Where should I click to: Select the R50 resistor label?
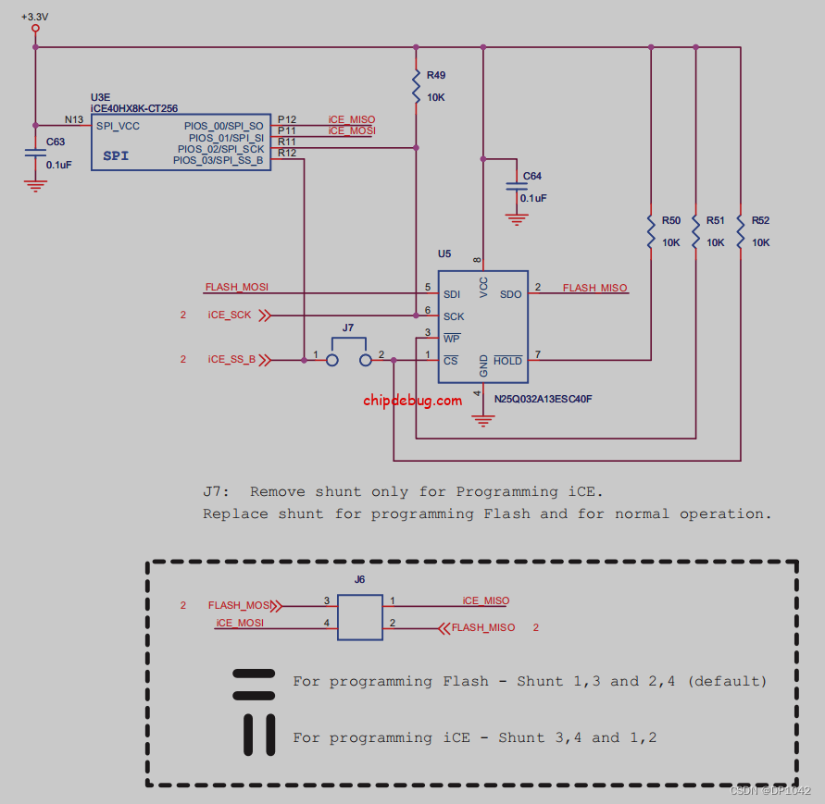pyautogui.click(x=670, y=221)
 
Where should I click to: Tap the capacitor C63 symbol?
pyautogui.click(x=35, y=154)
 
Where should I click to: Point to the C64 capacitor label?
pyautogui.click(x=532, y=176)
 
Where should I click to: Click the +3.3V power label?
pyautogui.click(x=35, y=17)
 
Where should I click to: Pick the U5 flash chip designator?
pyautogui.click(x=444, y=254)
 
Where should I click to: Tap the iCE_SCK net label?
pyautogui.click(x=230, y=315)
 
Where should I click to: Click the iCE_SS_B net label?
pyautogui.click(x=231, y=359)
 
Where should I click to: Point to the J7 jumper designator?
pyautogui.click(x=348, y=328)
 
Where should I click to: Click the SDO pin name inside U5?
pyautogui.click(x=510, y=294)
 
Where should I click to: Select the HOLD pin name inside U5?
pyautogui.click(x=507, y=361)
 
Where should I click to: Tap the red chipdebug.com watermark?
pyautogui.click(x=412, y=401)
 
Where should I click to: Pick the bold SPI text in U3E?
pyautogui.click(x=116, y=156)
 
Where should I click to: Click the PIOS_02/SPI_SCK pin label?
pyautogui.click(x=220, y=148)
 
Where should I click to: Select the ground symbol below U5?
pyautogui.click(x=481, y=421)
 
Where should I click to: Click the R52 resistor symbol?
pyautogui.click(x=741, y=231)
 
